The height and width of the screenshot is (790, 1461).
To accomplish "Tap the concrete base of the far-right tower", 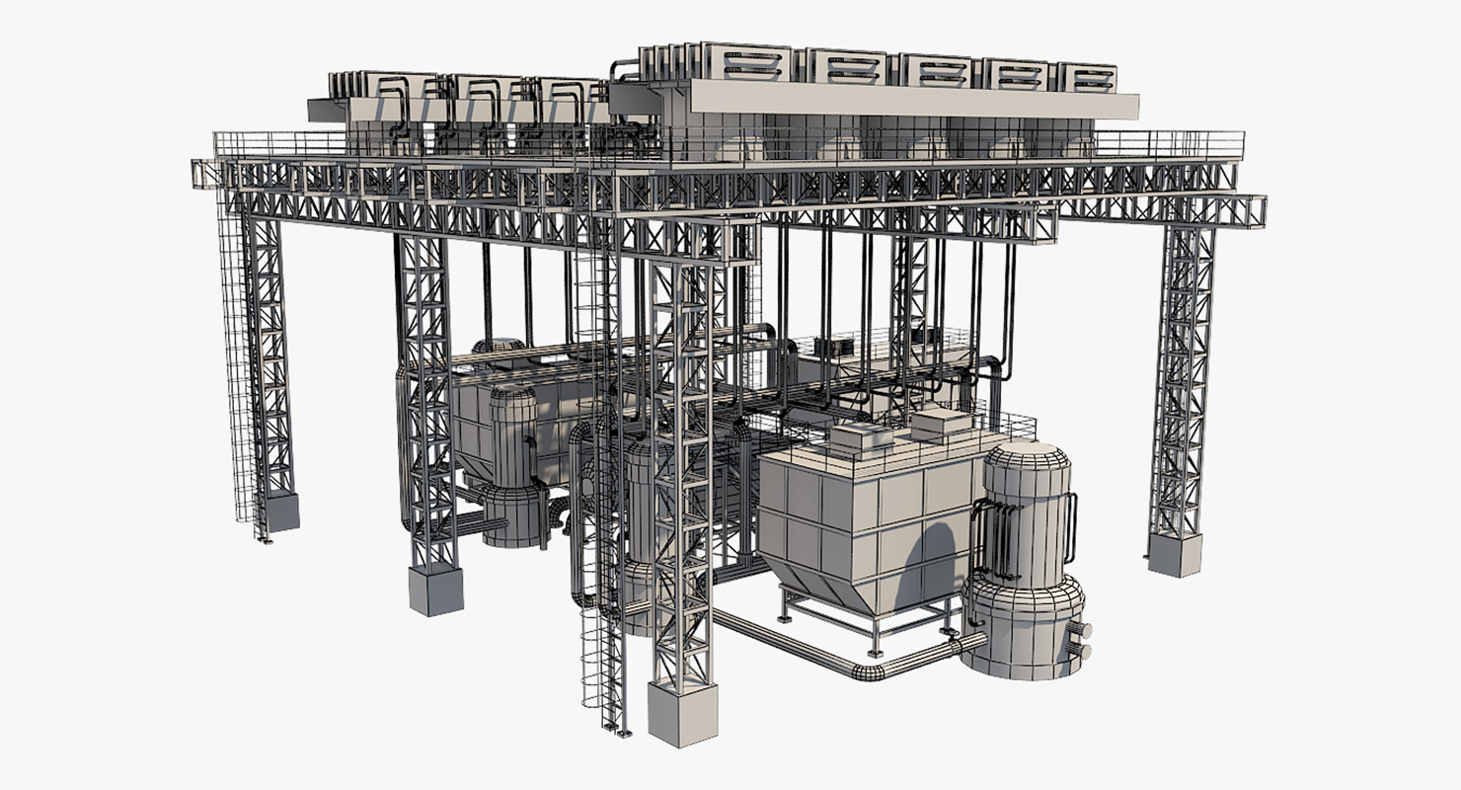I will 1175,555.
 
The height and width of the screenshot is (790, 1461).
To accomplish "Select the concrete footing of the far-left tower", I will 282,513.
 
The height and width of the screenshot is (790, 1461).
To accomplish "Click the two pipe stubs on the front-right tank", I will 1081,640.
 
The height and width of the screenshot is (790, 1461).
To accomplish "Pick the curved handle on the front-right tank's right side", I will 1071,528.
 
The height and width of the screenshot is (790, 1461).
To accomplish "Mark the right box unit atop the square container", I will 941,425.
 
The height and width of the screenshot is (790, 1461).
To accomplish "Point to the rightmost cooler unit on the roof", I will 1088,77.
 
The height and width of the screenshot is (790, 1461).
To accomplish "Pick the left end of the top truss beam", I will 204,174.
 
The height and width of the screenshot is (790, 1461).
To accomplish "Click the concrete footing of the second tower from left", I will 435,591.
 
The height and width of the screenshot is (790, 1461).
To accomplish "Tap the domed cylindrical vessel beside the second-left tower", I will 513,464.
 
